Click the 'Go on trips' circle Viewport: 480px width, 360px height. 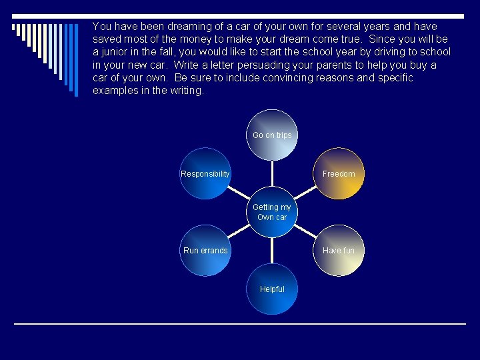[272, 135]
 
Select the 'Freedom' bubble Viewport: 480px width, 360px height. [339, 173]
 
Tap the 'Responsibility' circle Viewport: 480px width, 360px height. [205, 173]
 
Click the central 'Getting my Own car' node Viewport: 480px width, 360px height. [272, 212]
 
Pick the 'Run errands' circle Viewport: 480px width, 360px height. [205, 251]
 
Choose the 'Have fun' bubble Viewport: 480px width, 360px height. [339, 251]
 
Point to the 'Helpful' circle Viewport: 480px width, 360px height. [272, 289]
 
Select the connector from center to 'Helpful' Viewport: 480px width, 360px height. [272, 250]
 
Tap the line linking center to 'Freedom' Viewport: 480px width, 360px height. [305, 193]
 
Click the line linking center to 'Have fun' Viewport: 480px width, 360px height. [305, 231]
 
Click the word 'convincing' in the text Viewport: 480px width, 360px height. [322, 78]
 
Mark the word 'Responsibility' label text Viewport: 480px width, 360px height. [205, 174]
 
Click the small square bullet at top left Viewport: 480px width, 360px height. [14, 27]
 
